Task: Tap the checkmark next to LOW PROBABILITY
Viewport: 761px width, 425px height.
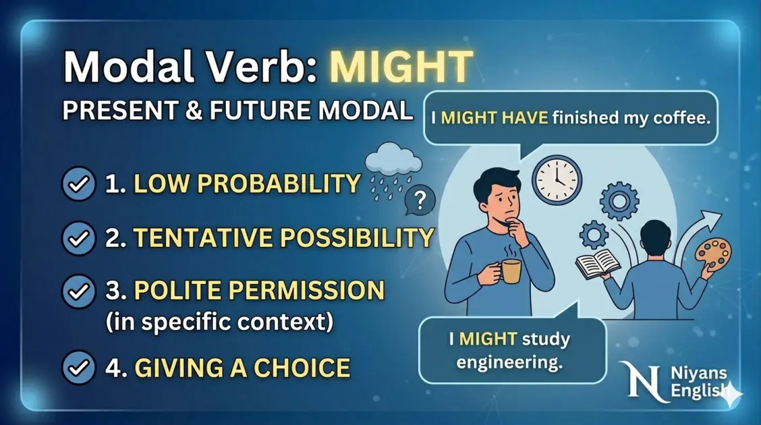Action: tap(79, 184)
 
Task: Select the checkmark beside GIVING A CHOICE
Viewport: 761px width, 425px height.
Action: tap(79, 368)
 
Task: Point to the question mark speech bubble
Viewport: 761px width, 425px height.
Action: tap(420, 201)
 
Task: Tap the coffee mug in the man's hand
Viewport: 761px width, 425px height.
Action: tap(510, 271)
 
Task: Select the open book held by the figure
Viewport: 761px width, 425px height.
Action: tap(597, 263)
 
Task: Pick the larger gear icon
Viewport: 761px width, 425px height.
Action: tap(618, 201)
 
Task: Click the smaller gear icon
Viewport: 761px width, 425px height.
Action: tap(594, 235)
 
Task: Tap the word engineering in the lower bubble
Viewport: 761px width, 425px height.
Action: tap(509, 362)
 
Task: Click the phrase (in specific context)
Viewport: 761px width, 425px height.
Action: tap(219, 322)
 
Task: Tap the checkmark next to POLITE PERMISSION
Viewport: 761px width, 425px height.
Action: tap(79, 291)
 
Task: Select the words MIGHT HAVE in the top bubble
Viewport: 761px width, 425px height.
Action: tap(495, 118)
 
